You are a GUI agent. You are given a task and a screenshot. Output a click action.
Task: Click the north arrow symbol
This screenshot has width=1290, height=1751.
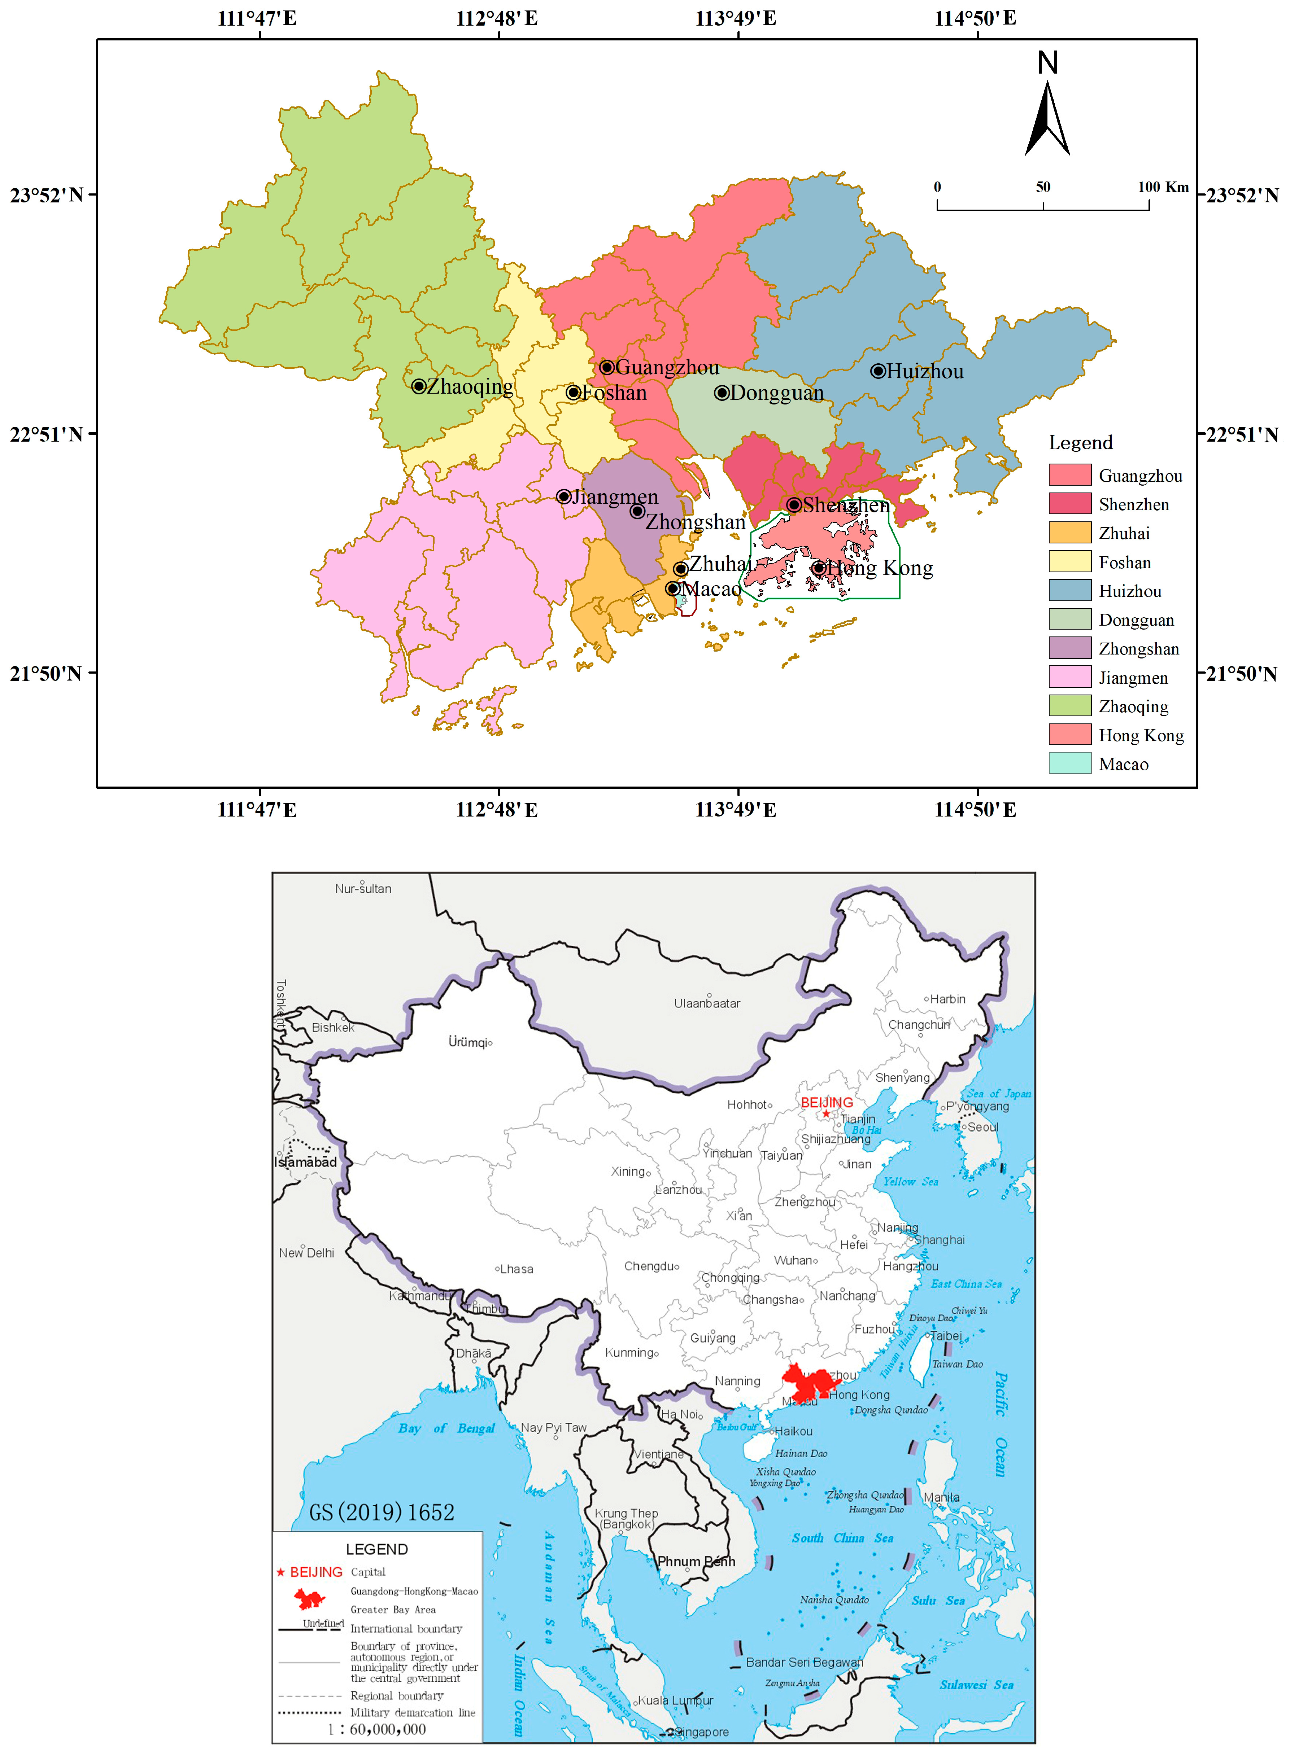coord(1047,117)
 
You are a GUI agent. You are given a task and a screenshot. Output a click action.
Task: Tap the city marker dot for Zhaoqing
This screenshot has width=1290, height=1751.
coord(419,386)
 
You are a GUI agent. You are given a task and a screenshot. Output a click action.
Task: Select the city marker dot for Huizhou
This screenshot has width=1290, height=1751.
coord(878,371)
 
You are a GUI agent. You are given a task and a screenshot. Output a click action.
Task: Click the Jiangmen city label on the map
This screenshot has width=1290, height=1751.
coord(615,496)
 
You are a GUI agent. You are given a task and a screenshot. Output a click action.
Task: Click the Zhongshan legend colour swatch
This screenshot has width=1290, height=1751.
coord(1069,648)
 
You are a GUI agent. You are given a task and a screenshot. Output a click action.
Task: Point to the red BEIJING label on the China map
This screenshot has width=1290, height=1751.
coord(827,1102)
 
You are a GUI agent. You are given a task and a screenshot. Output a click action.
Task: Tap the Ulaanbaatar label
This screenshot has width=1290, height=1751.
coord(707,1003)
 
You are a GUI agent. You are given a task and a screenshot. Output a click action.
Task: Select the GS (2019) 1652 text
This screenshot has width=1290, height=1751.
coord(381,1512)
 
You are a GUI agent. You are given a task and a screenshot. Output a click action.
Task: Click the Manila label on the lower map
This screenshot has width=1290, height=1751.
coord(942,1497)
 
